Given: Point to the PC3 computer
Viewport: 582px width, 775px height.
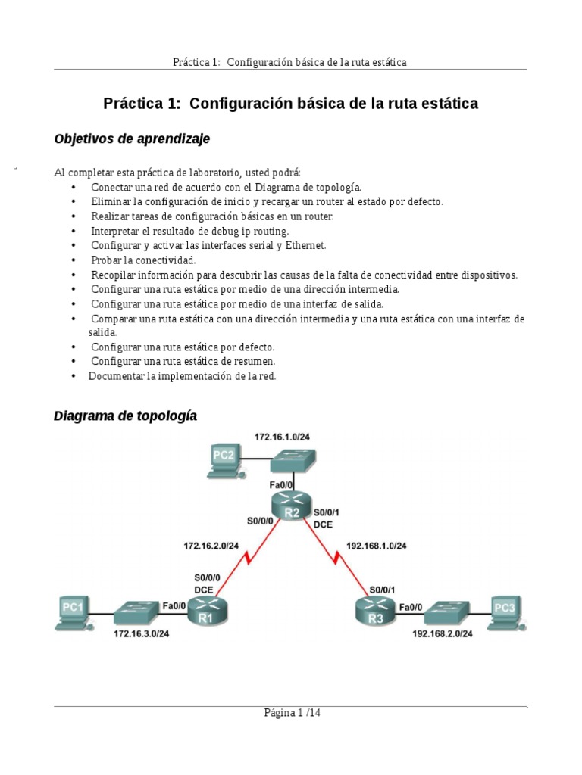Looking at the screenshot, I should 504,612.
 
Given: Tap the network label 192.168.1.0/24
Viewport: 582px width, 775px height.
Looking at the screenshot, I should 377,545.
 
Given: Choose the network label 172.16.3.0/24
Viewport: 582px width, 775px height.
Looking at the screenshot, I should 141,634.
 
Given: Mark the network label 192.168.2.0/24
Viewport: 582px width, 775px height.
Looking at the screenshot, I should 443,634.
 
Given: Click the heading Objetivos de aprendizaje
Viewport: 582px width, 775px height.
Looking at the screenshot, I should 132,139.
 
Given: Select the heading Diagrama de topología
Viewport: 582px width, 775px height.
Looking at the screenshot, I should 125,416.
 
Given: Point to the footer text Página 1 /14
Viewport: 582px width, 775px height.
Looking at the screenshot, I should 291,712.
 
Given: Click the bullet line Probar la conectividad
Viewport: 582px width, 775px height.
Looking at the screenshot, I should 143,260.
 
